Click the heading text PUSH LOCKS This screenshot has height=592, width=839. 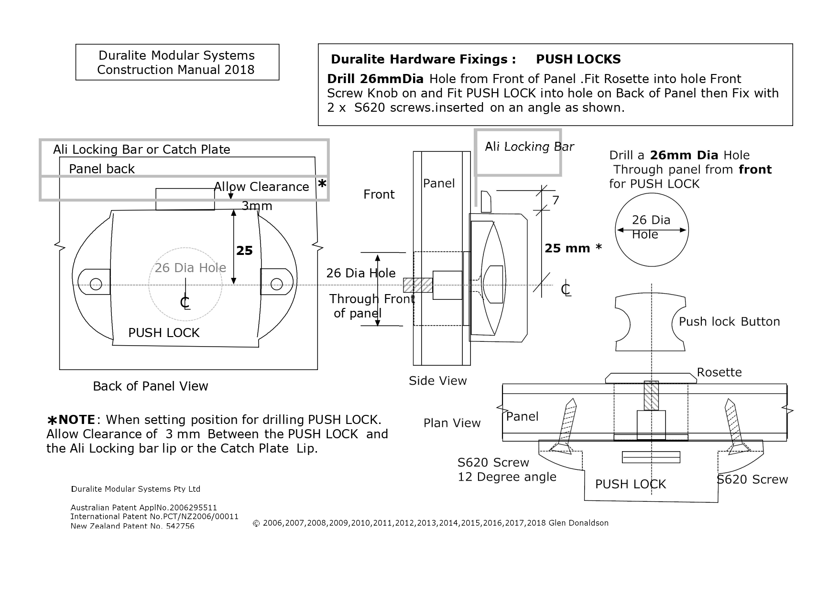pyautogui.click(x=578, y=59)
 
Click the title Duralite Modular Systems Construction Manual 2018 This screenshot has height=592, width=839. pyautogui.click(x=176, y=63)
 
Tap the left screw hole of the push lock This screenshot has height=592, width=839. pyautogui.click(x=96, y=285)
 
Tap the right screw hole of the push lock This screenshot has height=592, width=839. pyautogui.click(x=276, y=285)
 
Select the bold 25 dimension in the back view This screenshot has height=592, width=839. pyautogui.click(x=244, y=251)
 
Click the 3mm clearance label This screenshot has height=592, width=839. pyautogui.click(x=257, y=206)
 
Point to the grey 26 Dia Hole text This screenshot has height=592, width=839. pyautogui.click(x=190, y=268)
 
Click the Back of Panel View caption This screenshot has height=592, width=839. pyautogui.click(x=150, y=386)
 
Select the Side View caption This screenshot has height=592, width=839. pyautogui.click(x=437, y=381)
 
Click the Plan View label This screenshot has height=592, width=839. pyautogui.click(x=452, y=423)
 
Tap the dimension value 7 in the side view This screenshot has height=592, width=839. pyautogui.click(x=555, y=201)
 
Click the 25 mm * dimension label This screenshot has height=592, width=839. pyautogui.click(x=573, y=248)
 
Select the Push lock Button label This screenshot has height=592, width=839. pyautogui.click(x=729, y=322)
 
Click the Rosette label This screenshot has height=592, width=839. pyautogui.click(x=719, y=372)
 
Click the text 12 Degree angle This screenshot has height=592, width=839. pyautogui.click(x=507, y=477)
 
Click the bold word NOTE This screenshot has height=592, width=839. pyautogui.click(x=76, y=420)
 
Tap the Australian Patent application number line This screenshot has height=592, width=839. pyautogui.click(x=143, y=507)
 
